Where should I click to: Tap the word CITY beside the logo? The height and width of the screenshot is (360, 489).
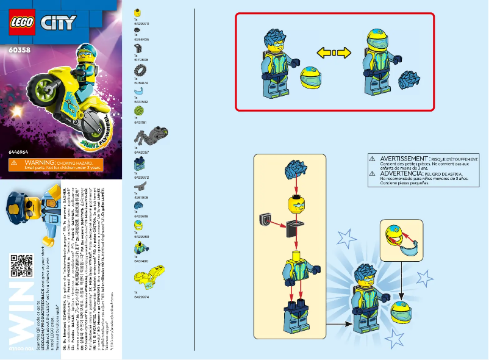click(58, 23)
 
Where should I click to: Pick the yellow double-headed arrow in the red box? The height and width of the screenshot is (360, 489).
click(335, 54)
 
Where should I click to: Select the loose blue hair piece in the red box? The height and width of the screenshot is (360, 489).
click(409, 80)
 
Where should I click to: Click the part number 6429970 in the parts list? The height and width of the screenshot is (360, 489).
click(140, 23)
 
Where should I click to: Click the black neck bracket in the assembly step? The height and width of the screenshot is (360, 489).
click(294, 229)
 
